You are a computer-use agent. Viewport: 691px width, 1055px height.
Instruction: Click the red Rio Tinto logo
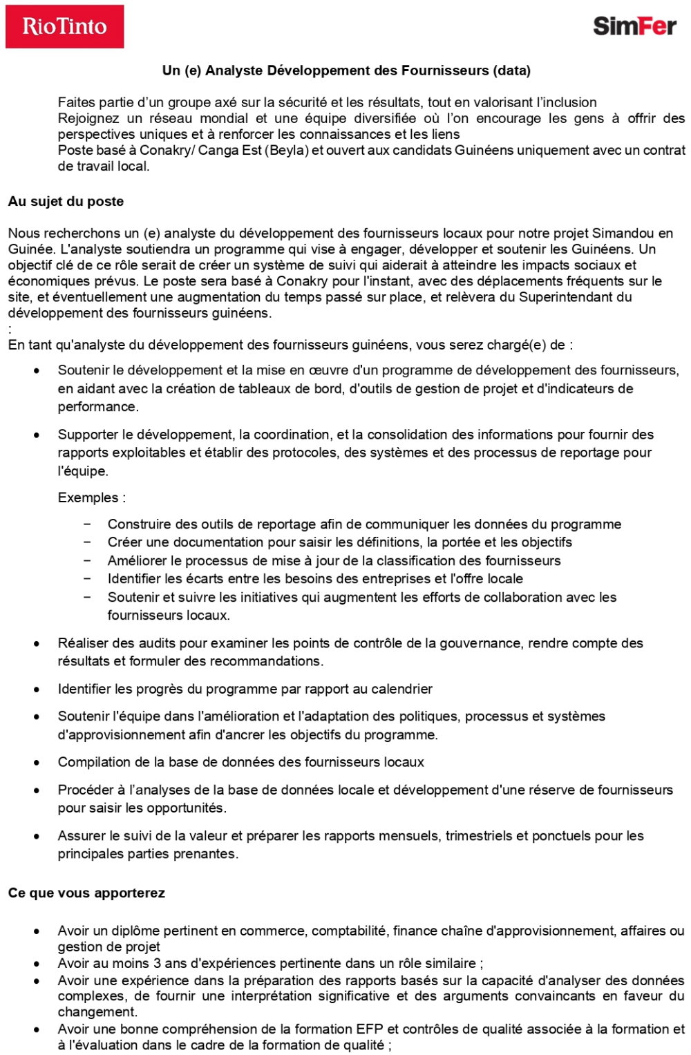[x=64, y=26]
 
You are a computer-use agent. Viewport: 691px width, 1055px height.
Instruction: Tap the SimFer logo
[x=634, y=26]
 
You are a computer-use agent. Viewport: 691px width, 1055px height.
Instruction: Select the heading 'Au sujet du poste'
[x=66, y=202]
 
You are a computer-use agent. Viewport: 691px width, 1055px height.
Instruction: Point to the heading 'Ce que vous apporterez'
[x=86, y=893]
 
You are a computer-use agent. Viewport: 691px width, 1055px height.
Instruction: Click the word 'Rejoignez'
[x=88, y=118]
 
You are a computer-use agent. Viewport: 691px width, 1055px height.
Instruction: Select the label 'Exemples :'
[x=91, y=497]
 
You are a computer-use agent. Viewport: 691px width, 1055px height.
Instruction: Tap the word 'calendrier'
[x=401, y=690]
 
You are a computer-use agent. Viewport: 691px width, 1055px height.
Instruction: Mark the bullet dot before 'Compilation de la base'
[x=37, y=763]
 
